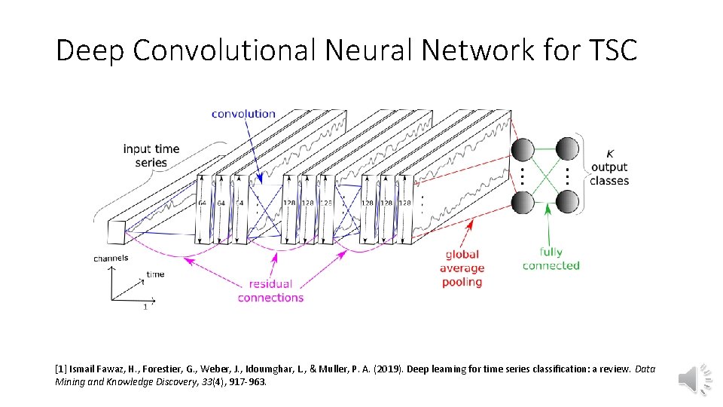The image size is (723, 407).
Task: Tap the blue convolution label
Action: coord(243,114)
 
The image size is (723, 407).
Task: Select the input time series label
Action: coord(151,155)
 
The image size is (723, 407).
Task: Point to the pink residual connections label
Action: coord(270,291)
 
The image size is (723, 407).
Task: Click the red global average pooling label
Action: coord(462,268)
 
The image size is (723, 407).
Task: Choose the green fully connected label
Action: coord(551,259)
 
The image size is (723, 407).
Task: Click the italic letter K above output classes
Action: coord(609,153)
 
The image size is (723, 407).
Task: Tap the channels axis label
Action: coord(111,259)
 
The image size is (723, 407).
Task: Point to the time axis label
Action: coord(156,274)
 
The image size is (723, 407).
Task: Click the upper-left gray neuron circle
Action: coord(522,149)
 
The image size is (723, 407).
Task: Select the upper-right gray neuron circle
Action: coord(568,149)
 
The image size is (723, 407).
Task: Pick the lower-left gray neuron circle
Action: coord(522,202)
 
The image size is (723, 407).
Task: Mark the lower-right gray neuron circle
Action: coord(568,202)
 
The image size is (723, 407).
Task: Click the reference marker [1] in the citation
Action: coord(61,369)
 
